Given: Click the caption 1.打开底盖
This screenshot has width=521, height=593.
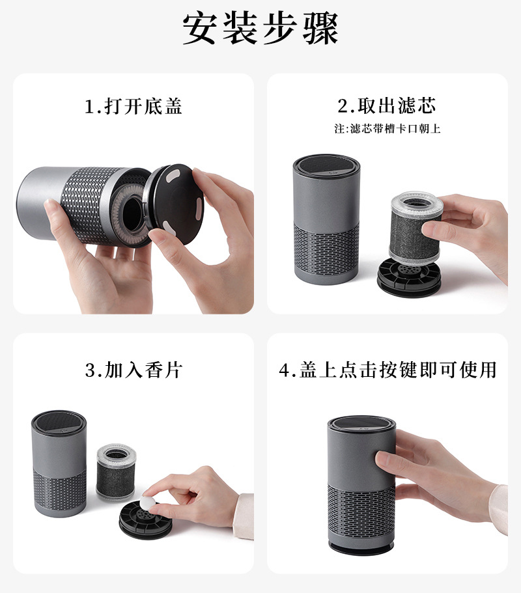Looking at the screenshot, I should tap(134, 106).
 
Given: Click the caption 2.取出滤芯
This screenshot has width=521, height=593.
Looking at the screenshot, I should tap(387, 105).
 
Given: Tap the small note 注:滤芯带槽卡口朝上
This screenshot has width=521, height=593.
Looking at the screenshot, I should tap(387, 128).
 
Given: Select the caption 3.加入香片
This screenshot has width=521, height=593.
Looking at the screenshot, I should tap(134, 370).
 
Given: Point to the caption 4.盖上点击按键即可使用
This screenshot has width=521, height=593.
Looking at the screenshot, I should tap(387, 370).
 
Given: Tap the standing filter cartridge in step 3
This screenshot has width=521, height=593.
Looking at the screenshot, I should tap(115, 472).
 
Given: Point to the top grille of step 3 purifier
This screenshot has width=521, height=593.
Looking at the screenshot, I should tap(59, 421).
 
